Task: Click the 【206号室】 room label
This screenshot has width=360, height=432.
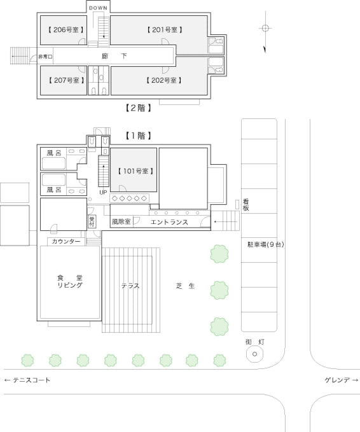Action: point(66,30)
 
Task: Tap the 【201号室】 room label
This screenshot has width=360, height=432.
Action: point(165,30)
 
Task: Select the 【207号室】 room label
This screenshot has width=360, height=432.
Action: point(66,80)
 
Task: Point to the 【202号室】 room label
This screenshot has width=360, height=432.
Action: point(164,80)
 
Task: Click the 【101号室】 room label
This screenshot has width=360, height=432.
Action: point(135,171)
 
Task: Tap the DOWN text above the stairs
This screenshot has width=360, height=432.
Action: point(98,8)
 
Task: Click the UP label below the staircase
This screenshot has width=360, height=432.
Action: point(103,192)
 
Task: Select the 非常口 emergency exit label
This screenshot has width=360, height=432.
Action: point(45,57)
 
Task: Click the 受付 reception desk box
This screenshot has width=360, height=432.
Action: point(92,221)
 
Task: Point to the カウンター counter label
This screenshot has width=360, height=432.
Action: point(66,242)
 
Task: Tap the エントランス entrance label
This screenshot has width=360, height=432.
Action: point(169,222)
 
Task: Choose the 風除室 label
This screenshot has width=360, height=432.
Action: point(121,222)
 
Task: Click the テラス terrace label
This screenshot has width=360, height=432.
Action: point(130,286)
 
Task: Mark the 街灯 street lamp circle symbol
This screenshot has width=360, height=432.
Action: point(254,354)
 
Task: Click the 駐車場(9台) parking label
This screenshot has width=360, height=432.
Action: point(265,245)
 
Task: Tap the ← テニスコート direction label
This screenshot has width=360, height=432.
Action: point(27,380)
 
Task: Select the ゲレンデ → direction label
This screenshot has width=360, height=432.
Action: point(342,380)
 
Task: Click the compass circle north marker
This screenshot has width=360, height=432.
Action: point(265,28)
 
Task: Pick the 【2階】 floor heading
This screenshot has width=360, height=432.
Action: point(138,108)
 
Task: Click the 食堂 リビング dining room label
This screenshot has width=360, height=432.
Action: point(70,282)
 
